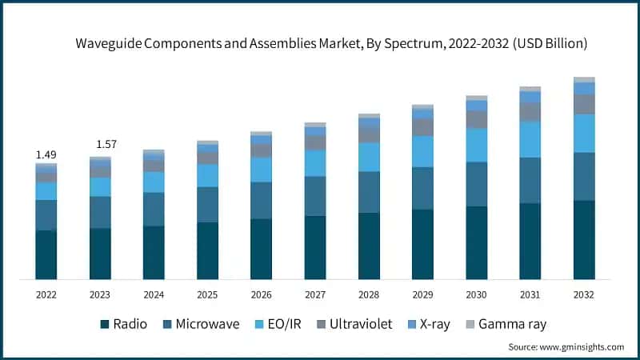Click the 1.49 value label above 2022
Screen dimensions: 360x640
(x=46, y=154)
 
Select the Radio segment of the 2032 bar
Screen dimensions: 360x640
(x=584, y=239)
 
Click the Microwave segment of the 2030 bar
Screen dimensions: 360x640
(x=477, y=184)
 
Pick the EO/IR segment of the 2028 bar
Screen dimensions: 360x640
(x=369, y=157)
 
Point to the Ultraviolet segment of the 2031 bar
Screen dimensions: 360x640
(x=530, y=112)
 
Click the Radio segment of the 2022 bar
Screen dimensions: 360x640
(x=46, y=254)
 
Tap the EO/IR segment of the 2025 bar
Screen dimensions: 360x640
(x=207, y=176)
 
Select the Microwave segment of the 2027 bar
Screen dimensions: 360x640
(x=315, y=196)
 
